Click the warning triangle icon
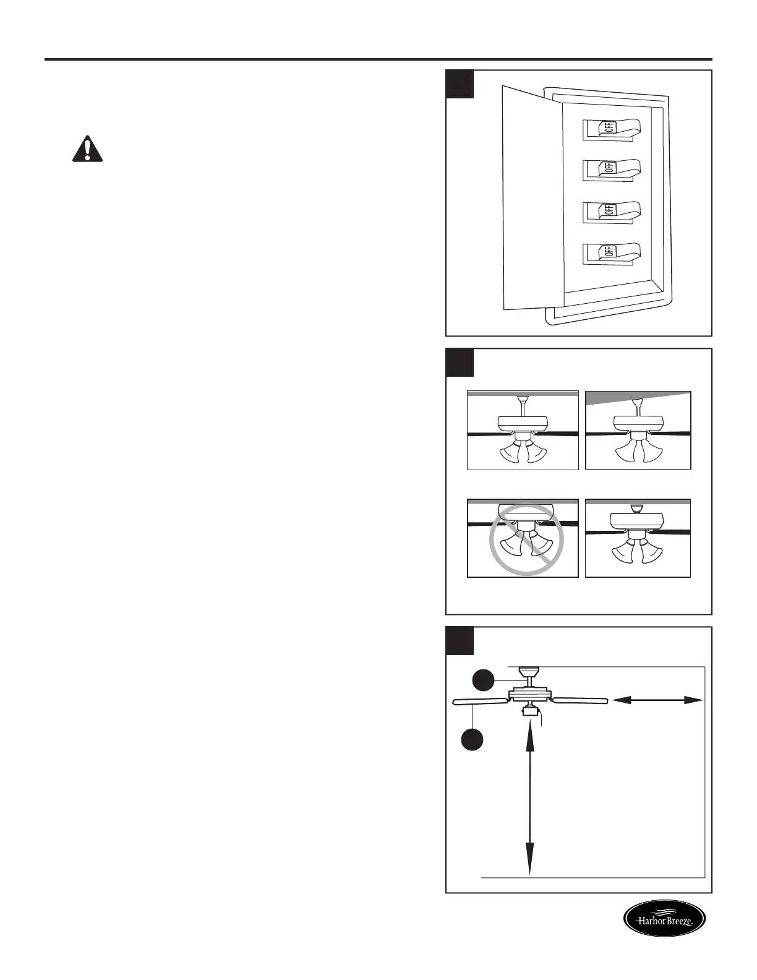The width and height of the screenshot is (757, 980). coord(88,149)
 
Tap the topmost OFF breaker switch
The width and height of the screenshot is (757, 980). coord(611,129)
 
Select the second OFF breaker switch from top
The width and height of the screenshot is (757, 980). coord(611,169)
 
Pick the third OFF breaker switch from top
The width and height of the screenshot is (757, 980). coord(611,210)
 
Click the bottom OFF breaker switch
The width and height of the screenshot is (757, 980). coord(611,252)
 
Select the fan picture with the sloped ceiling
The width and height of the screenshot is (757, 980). coord(638,430)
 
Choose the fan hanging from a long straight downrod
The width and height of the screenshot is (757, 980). coord(523,430)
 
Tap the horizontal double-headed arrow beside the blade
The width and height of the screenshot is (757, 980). coord(657,700)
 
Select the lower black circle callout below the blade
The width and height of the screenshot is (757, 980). coord(473,740)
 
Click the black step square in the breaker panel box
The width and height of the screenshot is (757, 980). coord(460,84)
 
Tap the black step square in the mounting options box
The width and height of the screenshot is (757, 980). coord(460,363)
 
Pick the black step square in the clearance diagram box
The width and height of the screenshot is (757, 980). coord(460,641)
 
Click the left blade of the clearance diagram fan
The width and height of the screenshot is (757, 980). coord(480,702)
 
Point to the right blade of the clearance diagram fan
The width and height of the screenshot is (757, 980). coord(580,700)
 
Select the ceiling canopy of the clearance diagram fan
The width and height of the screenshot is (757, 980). coord(529,671)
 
